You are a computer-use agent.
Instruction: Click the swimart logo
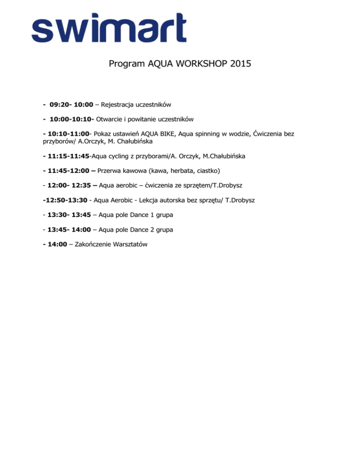point(109,28)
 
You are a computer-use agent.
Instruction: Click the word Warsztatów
point(128,245)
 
